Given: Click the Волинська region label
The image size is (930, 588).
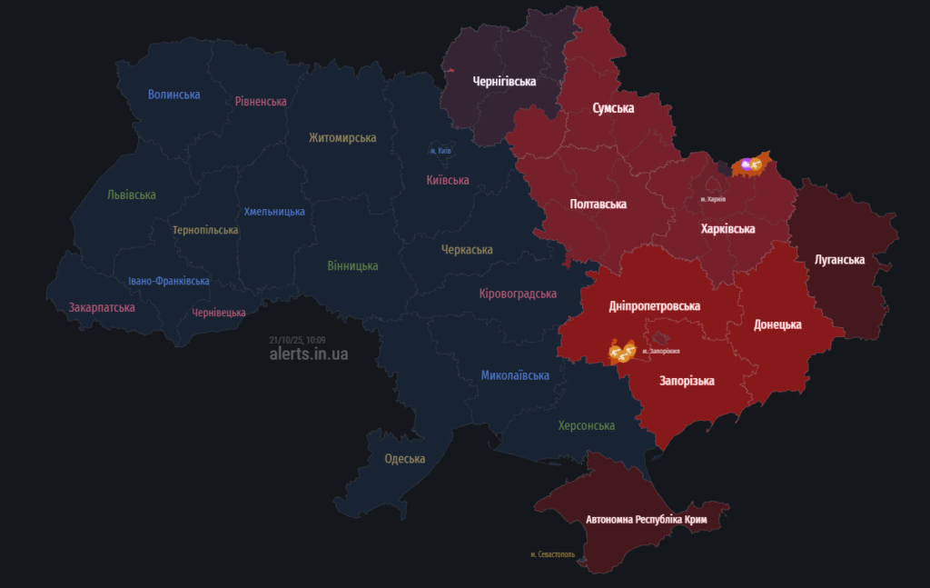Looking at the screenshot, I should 174,95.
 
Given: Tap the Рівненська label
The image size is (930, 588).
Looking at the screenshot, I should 261,102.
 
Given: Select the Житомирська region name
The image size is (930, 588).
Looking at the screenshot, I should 342,138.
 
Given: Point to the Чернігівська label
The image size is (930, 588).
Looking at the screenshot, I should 504,82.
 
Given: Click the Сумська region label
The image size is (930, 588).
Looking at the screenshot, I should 613,108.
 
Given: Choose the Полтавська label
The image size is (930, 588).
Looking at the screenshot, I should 598,204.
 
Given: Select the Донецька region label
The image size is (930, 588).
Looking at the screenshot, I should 777,324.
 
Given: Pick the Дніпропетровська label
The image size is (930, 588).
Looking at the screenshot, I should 654,306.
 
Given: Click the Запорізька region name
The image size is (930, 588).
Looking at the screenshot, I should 687,381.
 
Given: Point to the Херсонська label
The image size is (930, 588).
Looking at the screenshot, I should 586,425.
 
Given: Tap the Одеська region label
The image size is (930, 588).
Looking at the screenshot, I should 405,459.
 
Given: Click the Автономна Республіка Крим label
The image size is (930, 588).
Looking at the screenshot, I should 646,519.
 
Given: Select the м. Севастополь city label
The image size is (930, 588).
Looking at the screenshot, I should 552,554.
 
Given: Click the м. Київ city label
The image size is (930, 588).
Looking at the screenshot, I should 440,151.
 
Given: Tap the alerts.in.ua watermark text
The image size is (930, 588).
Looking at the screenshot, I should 309,354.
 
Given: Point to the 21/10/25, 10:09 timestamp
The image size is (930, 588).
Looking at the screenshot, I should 297,340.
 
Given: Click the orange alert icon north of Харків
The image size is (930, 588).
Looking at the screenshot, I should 751,164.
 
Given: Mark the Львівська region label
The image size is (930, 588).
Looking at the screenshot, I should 132,195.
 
